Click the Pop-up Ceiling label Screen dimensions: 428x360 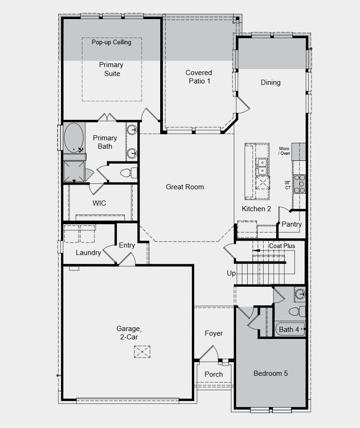[111, 42]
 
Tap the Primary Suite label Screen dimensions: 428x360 [111, 69]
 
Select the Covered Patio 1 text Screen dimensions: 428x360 [199, 76]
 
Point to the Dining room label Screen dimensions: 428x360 [271, 83]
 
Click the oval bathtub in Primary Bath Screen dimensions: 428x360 [74, 138]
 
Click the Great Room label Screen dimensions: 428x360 [185, 187]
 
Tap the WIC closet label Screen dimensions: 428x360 [99, 203]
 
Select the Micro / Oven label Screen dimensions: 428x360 [284, 151]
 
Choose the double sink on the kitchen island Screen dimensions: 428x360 [262, 164]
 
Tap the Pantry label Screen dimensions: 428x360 [292, 224]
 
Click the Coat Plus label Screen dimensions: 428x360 [282, 246]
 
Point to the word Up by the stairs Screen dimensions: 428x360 [231, 273]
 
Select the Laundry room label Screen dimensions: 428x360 [88, 253]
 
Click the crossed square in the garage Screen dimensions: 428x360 [142, 351]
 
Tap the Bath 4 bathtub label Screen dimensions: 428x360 [289, 330]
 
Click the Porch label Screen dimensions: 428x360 [214, 374]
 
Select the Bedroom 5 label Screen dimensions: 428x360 [271, 373]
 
